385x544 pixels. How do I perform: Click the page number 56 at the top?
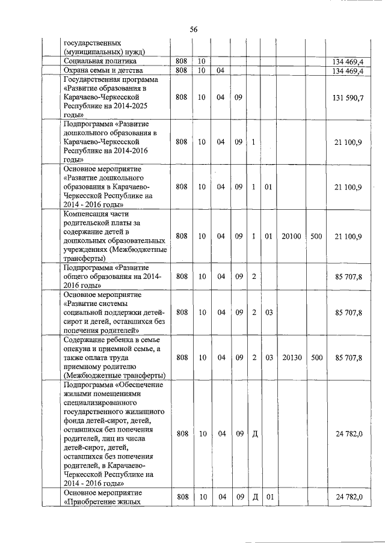tap(193, 29)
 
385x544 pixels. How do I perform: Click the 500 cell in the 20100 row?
tap(316, 237)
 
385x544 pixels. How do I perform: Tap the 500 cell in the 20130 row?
tap(316, 358)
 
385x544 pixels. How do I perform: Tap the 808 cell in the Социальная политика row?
tap(182, 61)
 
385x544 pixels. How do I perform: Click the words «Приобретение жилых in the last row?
tap(102, 502)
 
